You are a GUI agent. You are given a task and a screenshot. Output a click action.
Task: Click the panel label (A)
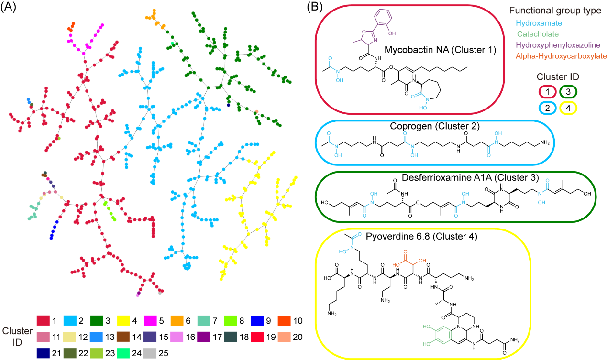tap(10, 8)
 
